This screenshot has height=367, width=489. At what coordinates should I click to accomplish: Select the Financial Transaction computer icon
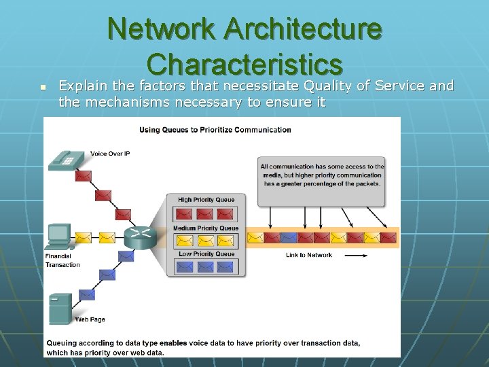point(59,237)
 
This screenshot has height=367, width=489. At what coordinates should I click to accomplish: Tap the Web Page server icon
point(60,309)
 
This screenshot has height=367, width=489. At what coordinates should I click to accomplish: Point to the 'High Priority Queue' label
point(206,200)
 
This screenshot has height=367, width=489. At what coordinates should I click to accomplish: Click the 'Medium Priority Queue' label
point(206,228)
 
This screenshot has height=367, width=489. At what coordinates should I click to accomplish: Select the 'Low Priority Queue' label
point(206,254)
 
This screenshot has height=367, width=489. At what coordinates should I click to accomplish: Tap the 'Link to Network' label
point(308,255)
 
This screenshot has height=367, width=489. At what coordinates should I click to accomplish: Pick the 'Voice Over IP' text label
point(110,154)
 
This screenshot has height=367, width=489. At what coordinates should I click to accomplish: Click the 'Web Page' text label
point(90,319)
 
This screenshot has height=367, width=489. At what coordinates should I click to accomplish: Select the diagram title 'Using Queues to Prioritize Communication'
point(215,130)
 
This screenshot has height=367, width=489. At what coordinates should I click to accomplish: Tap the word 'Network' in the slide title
point(160,29)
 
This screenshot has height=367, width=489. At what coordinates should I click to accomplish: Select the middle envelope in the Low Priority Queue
point(206,267)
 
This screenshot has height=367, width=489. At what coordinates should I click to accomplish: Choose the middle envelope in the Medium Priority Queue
point(206,240)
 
